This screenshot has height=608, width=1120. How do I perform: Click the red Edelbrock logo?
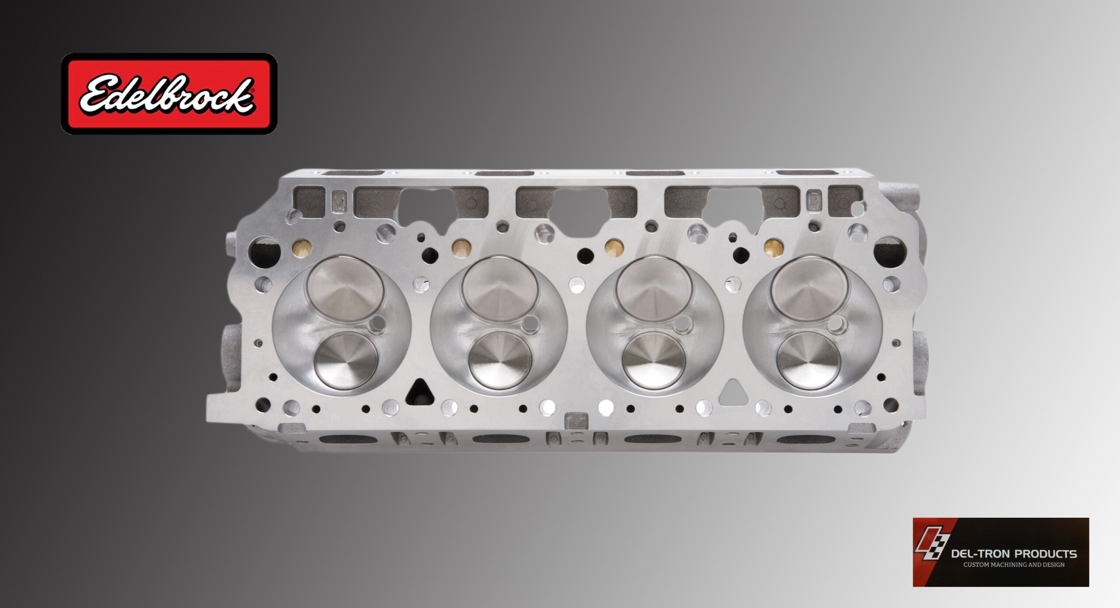[x=169, y=94]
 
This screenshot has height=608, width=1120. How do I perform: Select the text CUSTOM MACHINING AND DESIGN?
[x=1014, y=565]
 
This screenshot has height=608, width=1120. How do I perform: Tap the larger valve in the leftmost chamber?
[x=345, y=288]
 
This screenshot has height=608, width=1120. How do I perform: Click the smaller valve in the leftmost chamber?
[x=346, y=360]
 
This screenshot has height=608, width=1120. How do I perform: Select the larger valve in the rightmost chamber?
[x=810, y=288]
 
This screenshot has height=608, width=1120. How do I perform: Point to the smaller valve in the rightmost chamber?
[x=808, y=360]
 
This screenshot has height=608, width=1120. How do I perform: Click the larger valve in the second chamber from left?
[x=500, y=288]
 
